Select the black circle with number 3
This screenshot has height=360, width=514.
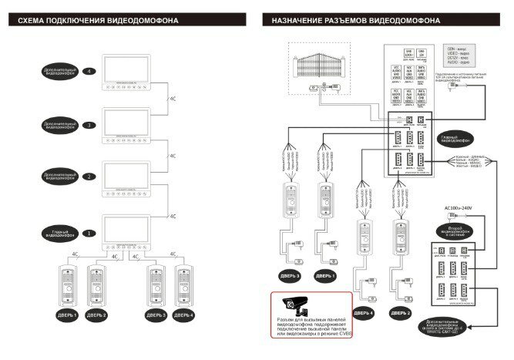pyautogui.click(x=89, y=125)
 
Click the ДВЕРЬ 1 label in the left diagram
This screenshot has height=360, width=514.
pyautogui.click(x=65, y=315)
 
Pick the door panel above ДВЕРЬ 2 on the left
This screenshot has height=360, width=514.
pyautogui.click(x=96, y=286)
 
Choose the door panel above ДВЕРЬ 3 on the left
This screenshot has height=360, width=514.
pyautogui.click(x=155, y=286)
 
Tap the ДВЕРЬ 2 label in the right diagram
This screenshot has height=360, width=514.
pyautogui.click(x=401, y=313)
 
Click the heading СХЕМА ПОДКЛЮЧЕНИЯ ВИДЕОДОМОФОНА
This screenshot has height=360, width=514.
pyautogui.click(x=93, y=21)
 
